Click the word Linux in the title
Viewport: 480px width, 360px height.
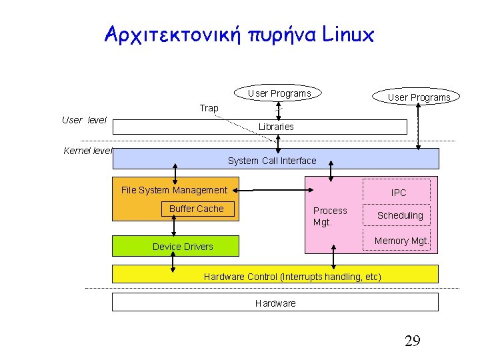click(x=348, y=34)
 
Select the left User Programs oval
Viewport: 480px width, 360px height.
click(x=279, y=94)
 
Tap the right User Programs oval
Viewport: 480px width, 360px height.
click(x=419, y=97)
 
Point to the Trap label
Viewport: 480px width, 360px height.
click(x=209, y=108)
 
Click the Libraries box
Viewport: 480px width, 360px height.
click(x=275, y=127)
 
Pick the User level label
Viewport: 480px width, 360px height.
click(x=84, y=120)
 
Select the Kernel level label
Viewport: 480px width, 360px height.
click(x=87, y=151)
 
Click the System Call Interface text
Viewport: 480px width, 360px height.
click(x=272, y=161)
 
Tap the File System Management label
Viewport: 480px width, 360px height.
click(x=174, y=190)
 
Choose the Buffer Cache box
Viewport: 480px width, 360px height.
click(x=197, y=209)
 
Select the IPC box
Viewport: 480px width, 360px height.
click(x=399, y=193)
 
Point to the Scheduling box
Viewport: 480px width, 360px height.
click(x=400, y=215)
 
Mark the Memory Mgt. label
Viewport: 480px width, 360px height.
click(x=401, y=241)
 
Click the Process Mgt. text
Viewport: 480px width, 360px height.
click(x=330, y=216)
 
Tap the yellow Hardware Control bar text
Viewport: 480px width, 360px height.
click(x=292, y=277)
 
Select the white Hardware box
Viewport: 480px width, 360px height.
click(x=275, y=303)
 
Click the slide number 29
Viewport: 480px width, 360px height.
click(x=412, y=342)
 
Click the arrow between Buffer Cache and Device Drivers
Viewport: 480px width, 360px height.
click(x=174, y=227)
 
